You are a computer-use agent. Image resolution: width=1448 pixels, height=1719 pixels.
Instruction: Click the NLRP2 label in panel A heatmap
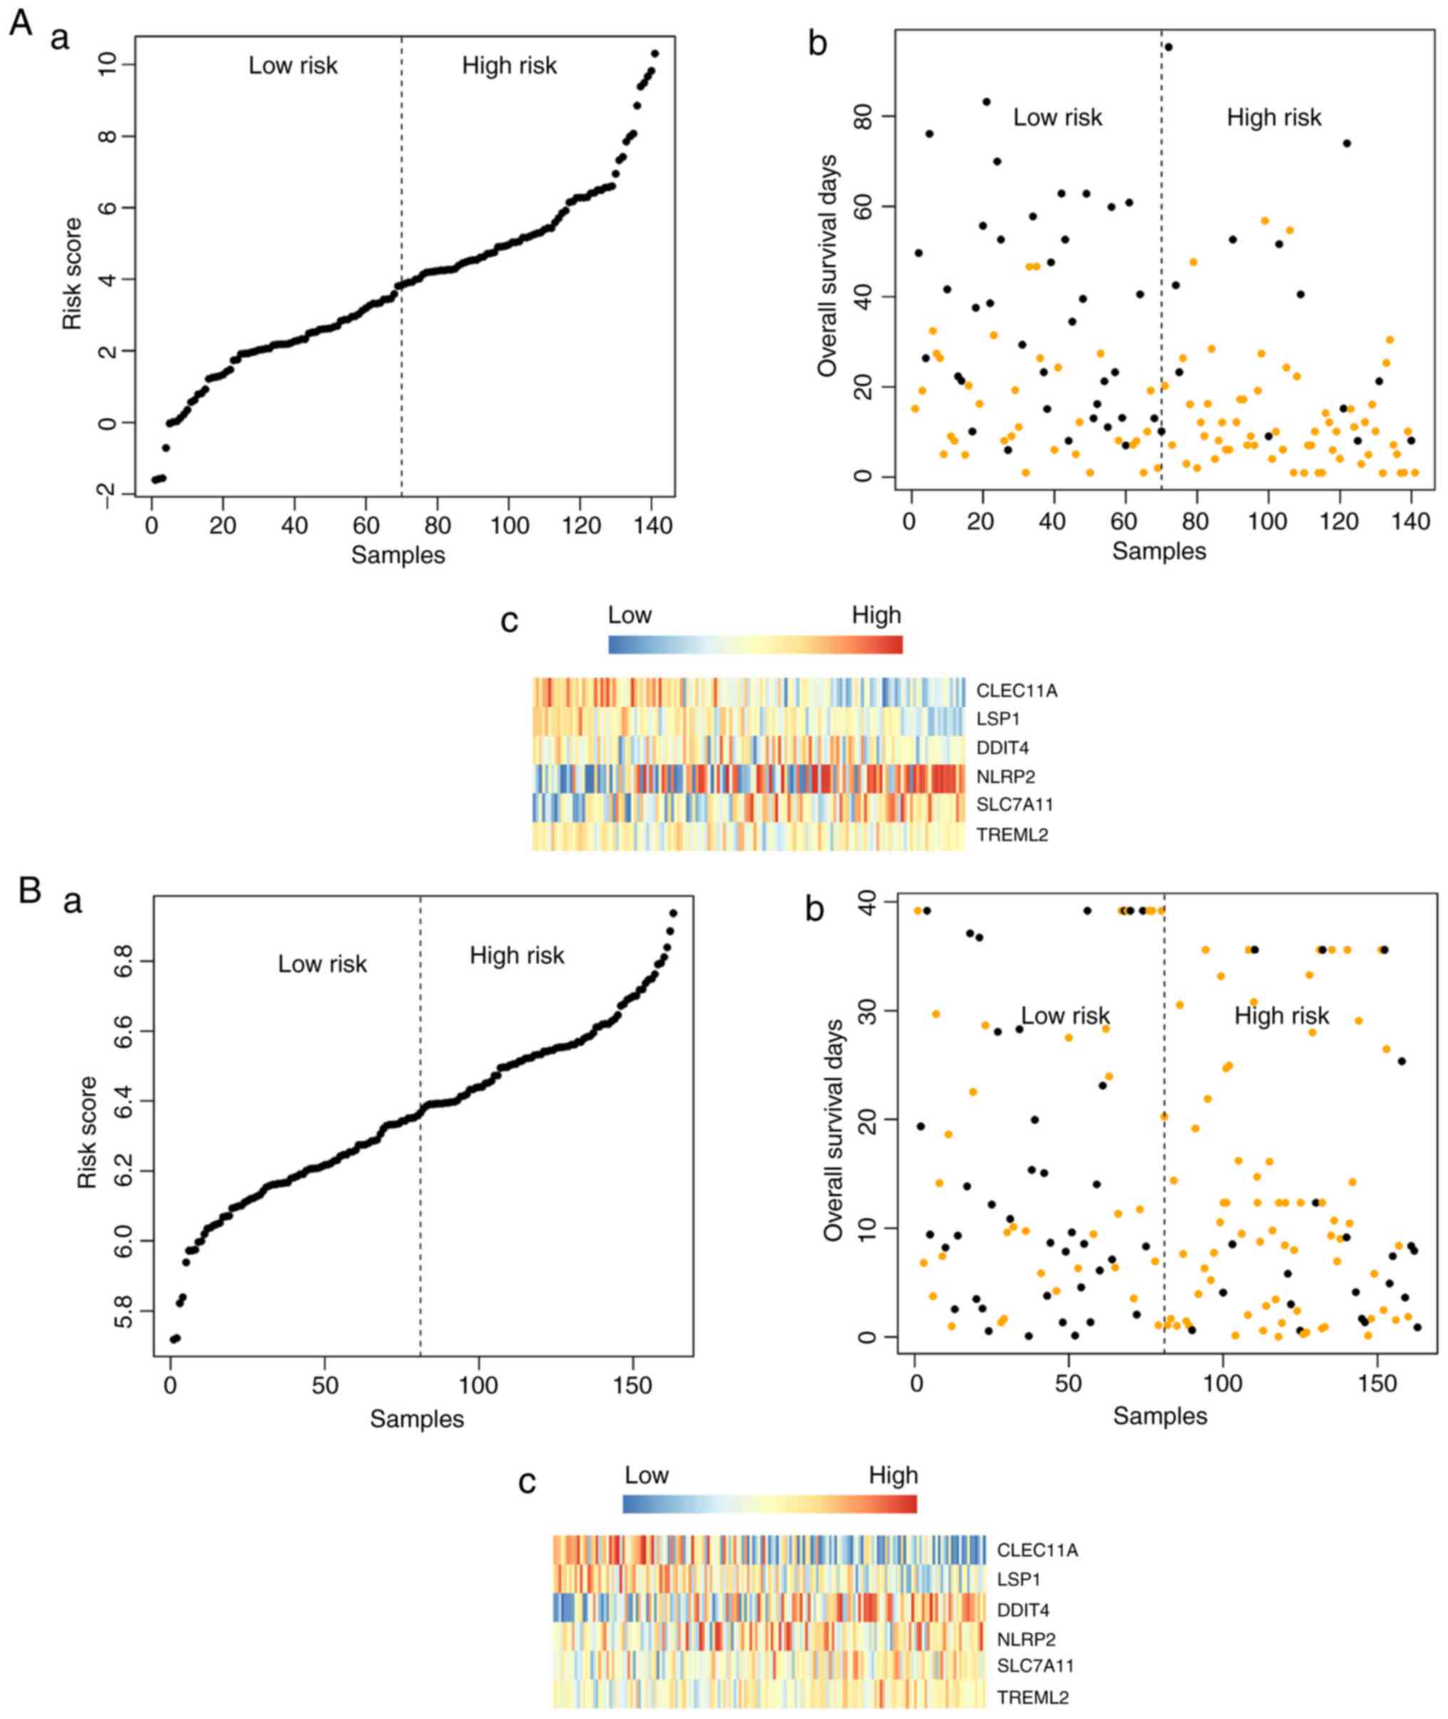pyautogui.click(x=1005, y=777)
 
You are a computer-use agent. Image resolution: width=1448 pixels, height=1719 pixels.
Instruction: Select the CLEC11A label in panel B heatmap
pyautogui.click(x=1037, y=1550)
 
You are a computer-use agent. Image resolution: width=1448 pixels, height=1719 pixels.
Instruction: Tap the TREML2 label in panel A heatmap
pyautogui.click(x=1011, y=836)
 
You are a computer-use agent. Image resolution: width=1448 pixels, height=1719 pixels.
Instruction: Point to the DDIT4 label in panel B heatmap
pyautogui.click(x=1023, y=1610)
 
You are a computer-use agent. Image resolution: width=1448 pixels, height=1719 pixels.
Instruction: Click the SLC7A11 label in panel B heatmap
pyautogui.click(x=1035, y=1666)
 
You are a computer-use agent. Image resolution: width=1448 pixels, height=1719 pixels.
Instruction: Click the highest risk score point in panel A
pyautogui.click(x=654, y=53)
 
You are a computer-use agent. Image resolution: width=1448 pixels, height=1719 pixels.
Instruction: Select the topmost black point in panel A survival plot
pyautogui.click(x=1168, y=47)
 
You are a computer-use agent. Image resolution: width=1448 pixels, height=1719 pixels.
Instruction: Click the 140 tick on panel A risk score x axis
pyautogui.click(x=653, y=525)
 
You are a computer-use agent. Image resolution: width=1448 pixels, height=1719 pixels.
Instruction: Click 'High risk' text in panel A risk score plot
pyautogui.click(x=509, y=66)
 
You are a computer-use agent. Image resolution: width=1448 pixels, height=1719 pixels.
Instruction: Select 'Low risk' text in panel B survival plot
pyautogui.click(x=1065, y=1016)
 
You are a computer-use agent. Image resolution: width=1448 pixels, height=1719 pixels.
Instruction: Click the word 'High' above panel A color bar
pyautogui.click(x=876, y=615)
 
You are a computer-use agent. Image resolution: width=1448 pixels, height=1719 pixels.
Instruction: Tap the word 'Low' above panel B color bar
pyautogui.click(x=646, y=1475)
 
